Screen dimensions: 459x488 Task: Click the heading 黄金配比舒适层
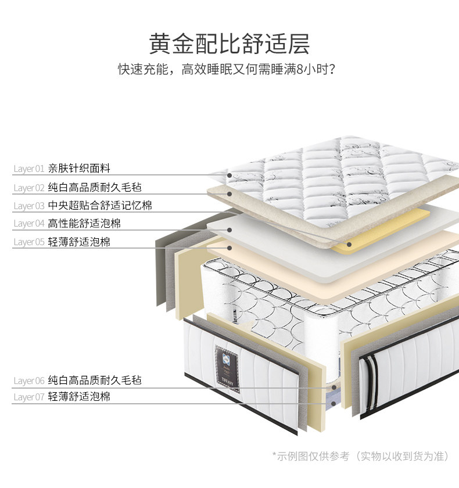click(x=229, y=44)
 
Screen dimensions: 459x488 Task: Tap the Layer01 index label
click(x=29, y=169)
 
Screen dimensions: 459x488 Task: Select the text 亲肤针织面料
click(x=79, y=168)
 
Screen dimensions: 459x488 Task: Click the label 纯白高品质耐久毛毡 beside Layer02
click(x=95, y=187)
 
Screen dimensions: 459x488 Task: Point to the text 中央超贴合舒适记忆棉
click(x=100, y=205)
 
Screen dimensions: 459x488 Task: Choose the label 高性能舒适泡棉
click(x=84, y=223)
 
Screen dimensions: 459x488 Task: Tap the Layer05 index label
click(x=29, y=242)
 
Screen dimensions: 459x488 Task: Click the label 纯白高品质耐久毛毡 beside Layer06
click(x=95, y=381)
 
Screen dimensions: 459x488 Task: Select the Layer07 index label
click(x=29, y=397)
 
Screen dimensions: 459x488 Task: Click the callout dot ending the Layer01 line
click(x=230, y=175)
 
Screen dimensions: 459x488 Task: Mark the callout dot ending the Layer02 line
click(x=230, y=194)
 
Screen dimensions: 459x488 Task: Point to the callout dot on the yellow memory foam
click(x=349, y=244)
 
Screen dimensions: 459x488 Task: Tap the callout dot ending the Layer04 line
click(x=230, y=230)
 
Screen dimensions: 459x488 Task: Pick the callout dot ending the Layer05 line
click(x=230, y=248)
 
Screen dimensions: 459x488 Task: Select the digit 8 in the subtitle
click(x=300, y=70)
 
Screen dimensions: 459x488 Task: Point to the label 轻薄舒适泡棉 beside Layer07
click(x=79, y=397)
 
